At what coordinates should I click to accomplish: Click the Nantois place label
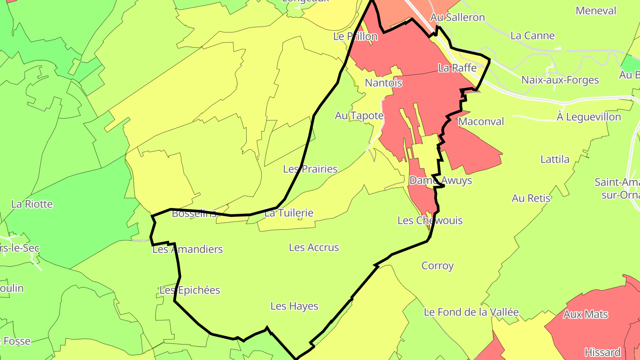[x=383, y=83]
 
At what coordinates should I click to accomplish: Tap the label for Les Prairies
[x=310, y=169]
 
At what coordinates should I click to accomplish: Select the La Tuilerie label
[x=289, y=213]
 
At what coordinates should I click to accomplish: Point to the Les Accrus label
[x=314, y=248]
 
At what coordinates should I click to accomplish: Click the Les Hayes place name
[x=294, y=306]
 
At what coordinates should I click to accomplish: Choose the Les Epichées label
[x=190, y=290]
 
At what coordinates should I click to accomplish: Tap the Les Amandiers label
[x=188, y=249]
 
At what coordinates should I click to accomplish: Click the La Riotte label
[x=32, y=204]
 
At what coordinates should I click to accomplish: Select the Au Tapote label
[x=359, y=116]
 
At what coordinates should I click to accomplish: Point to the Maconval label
[x=481, y=121]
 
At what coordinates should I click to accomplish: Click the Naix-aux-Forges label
[x=560, y=80]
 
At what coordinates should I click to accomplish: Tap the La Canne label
[x=532, y=36]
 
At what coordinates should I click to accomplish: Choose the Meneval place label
[x=596, y=11]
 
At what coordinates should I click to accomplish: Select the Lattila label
[x=555, y=159]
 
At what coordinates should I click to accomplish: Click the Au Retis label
[x=531, y=198]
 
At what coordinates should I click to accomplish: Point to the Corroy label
[x=437, y=266]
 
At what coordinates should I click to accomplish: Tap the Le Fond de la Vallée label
[x=471, y=312]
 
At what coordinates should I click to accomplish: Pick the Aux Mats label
[x=585, y=315]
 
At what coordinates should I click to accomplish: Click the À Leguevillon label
[x=588, y=117]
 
